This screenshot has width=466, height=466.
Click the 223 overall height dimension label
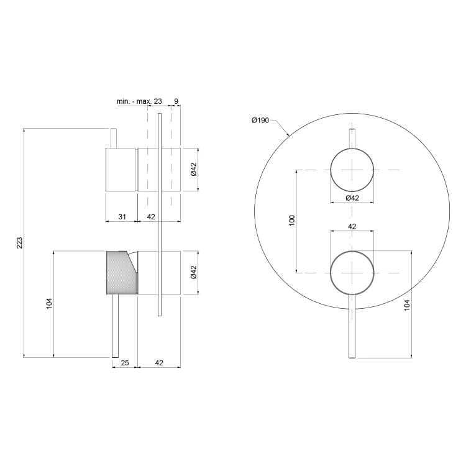[19, 243]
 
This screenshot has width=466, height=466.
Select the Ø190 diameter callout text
[260, 121]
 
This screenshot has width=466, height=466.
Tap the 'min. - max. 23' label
[139, 101]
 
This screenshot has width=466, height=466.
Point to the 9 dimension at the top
[176, 101]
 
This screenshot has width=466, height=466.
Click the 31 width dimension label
[122, 217]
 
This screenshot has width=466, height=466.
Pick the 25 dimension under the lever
[125, 363]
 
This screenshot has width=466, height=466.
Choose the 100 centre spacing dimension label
[292, 221]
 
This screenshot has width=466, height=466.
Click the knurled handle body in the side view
[121, 273]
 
